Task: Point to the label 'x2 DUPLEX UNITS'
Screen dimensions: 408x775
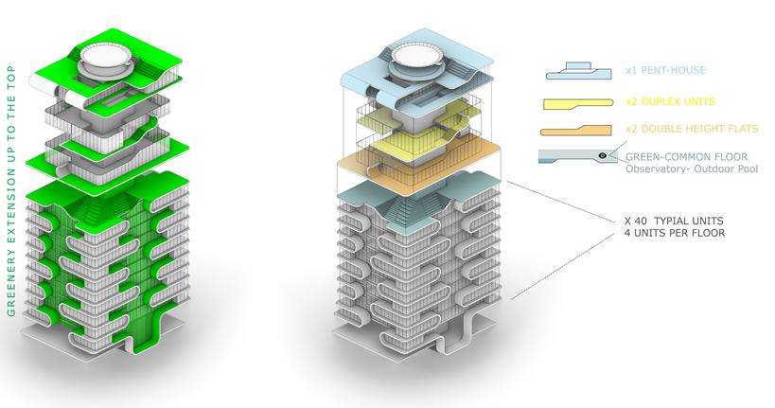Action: [x=670, y=100]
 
